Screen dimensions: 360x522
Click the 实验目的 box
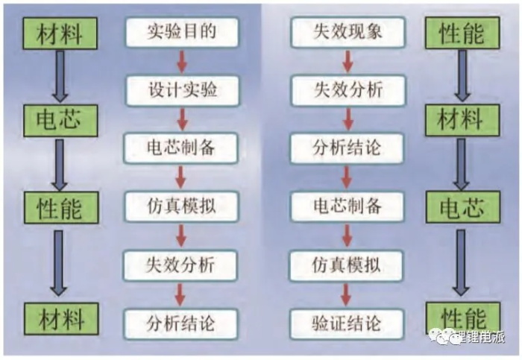pos(182,32)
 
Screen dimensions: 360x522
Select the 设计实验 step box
pos(182,90)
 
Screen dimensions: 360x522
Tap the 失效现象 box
pos(347,32)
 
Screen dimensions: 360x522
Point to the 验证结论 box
pos(347,323)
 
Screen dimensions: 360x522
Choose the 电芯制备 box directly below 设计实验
pos(182,148)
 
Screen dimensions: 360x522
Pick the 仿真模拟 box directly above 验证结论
pos(347,265)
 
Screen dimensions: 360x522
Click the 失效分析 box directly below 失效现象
pos(347,90)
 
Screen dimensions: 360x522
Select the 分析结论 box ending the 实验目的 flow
pos(182,323)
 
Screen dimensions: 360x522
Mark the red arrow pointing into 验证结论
pos(347,294)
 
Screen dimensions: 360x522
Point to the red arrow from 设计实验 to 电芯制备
pos(182,119)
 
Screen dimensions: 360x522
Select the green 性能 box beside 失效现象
pos(462,33)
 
